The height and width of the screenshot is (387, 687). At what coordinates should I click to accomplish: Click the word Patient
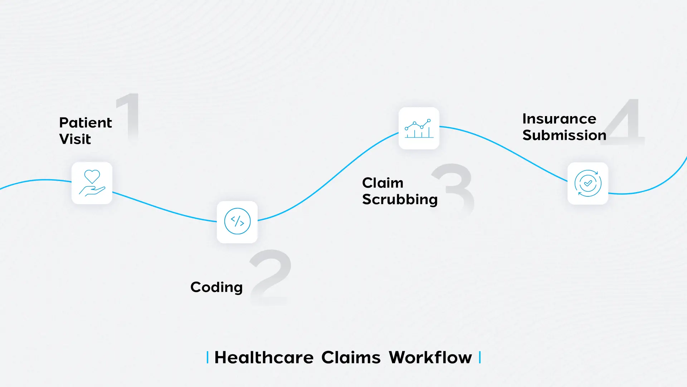point(86,123)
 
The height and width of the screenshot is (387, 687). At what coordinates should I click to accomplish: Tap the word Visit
point(75,139)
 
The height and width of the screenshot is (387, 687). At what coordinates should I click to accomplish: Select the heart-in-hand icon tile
point(92,183)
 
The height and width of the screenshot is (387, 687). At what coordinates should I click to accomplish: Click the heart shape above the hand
point(92,176)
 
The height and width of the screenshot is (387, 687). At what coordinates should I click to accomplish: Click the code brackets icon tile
point(237,222)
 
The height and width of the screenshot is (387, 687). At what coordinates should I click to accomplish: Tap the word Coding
point(216,287)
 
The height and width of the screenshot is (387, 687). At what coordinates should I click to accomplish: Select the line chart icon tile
point(419,128)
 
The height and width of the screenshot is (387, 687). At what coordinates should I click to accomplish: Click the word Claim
point(383,183)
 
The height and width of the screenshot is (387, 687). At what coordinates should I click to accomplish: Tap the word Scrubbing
point(400,199)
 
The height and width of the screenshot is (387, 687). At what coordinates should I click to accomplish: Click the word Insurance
point(559,119)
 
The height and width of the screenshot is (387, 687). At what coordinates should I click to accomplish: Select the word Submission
point(564,135)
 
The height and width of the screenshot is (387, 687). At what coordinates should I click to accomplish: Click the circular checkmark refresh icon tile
point(588,183)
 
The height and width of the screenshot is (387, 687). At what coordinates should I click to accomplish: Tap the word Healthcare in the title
point(264,358)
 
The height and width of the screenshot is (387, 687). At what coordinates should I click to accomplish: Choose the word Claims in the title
point(351,358)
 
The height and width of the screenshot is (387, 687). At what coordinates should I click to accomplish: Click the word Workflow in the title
point(430,358)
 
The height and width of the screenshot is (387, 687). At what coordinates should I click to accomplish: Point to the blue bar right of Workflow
point(480,358)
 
